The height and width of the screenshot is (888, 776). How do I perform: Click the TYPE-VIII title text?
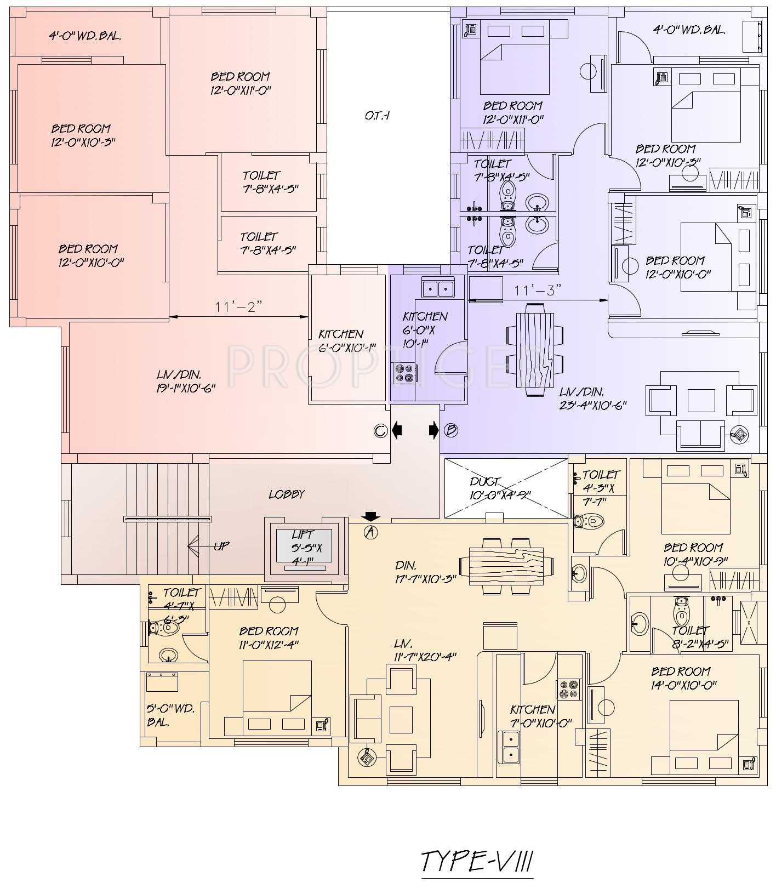click(x=477, y=861)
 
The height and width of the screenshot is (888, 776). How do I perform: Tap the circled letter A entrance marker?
click(x=371, y=531)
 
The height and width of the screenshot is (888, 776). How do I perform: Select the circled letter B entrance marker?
click(x=450, y=431)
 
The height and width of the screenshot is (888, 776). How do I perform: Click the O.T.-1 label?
click(x=377, y=116)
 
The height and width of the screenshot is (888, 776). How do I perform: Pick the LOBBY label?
click(x=286, y=494)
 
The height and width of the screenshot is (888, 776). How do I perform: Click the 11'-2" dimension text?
click(x=238, y=307)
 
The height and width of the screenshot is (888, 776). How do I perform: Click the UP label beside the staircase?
click(x=221, y=546)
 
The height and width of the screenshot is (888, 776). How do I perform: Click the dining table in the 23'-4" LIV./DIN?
click(x=535, y=349)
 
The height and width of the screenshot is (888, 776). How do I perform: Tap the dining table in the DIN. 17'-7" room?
click(x=507, y=566)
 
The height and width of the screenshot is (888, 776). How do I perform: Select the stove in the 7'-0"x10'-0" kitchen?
click(x=569, y=689)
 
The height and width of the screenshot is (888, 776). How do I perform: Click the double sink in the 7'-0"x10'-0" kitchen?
click(x=509, y=747)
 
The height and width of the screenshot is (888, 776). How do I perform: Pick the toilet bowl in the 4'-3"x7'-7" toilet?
click(x=587, y=520)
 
